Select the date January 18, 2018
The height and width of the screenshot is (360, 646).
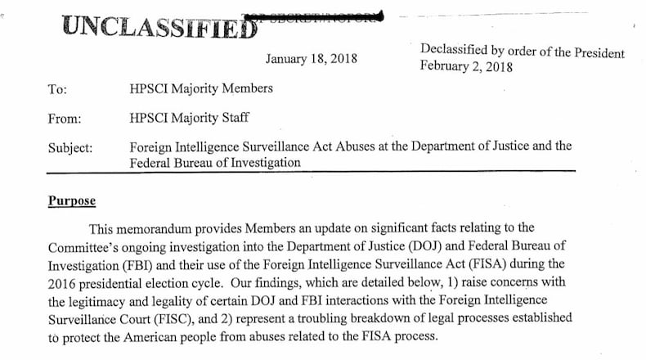[x=311, y=59]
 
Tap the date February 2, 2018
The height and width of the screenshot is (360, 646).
[x=466, y=67]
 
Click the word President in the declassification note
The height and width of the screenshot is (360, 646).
[x=594, y=53]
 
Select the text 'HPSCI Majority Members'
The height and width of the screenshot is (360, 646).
[x=201, y=88]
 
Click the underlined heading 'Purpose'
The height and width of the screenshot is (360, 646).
[x=71, y=201]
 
